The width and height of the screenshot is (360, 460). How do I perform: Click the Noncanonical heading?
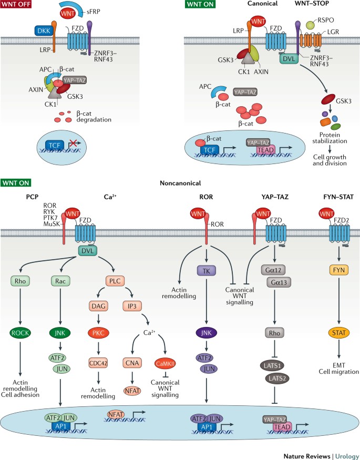click(x=180, y=183)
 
